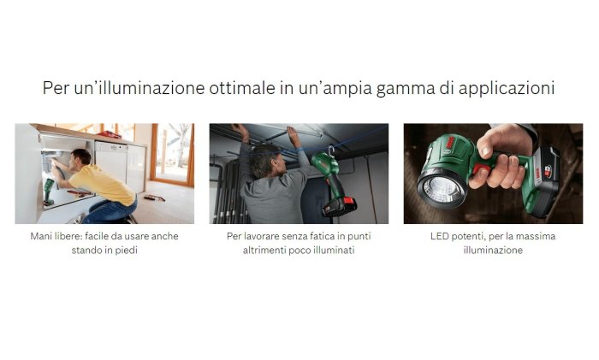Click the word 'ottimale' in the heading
click(x=242, y=88)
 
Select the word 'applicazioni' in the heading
click(x=507, y=89)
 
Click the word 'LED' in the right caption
click(x=439, y=236)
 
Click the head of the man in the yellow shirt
click(x=81, y=157)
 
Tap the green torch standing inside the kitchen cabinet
click(x=49, y=192)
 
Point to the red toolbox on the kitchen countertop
click(x=110, y=134)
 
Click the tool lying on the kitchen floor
click(x=154, y=198)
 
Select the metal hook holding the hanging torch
click(x=331, y=150)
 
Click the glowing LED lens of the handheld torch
click(x=442, y=188)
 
